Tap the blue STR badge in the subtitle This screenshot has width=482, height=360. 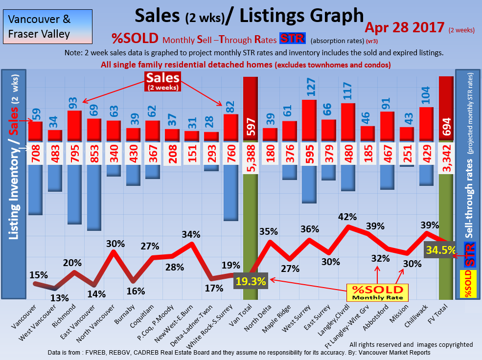(x=292, y=39)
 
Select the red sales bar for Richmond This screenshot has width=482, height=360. (x=74, y=126)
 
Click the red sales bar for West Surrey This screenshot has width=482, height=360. (x=309, y=121)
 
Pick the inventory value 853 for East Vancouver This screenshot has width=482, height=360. (x=94, y=154)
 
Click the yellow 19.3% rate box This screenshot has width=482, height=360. (x=251, y=281)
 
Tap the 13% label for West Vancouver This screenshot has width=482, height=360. (x=60, y=297)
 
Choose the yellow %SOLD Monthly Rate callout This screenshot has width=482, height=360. (x=377, y=292)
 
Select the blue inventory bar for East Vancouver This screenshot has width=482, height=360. (x=94, y=198)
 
